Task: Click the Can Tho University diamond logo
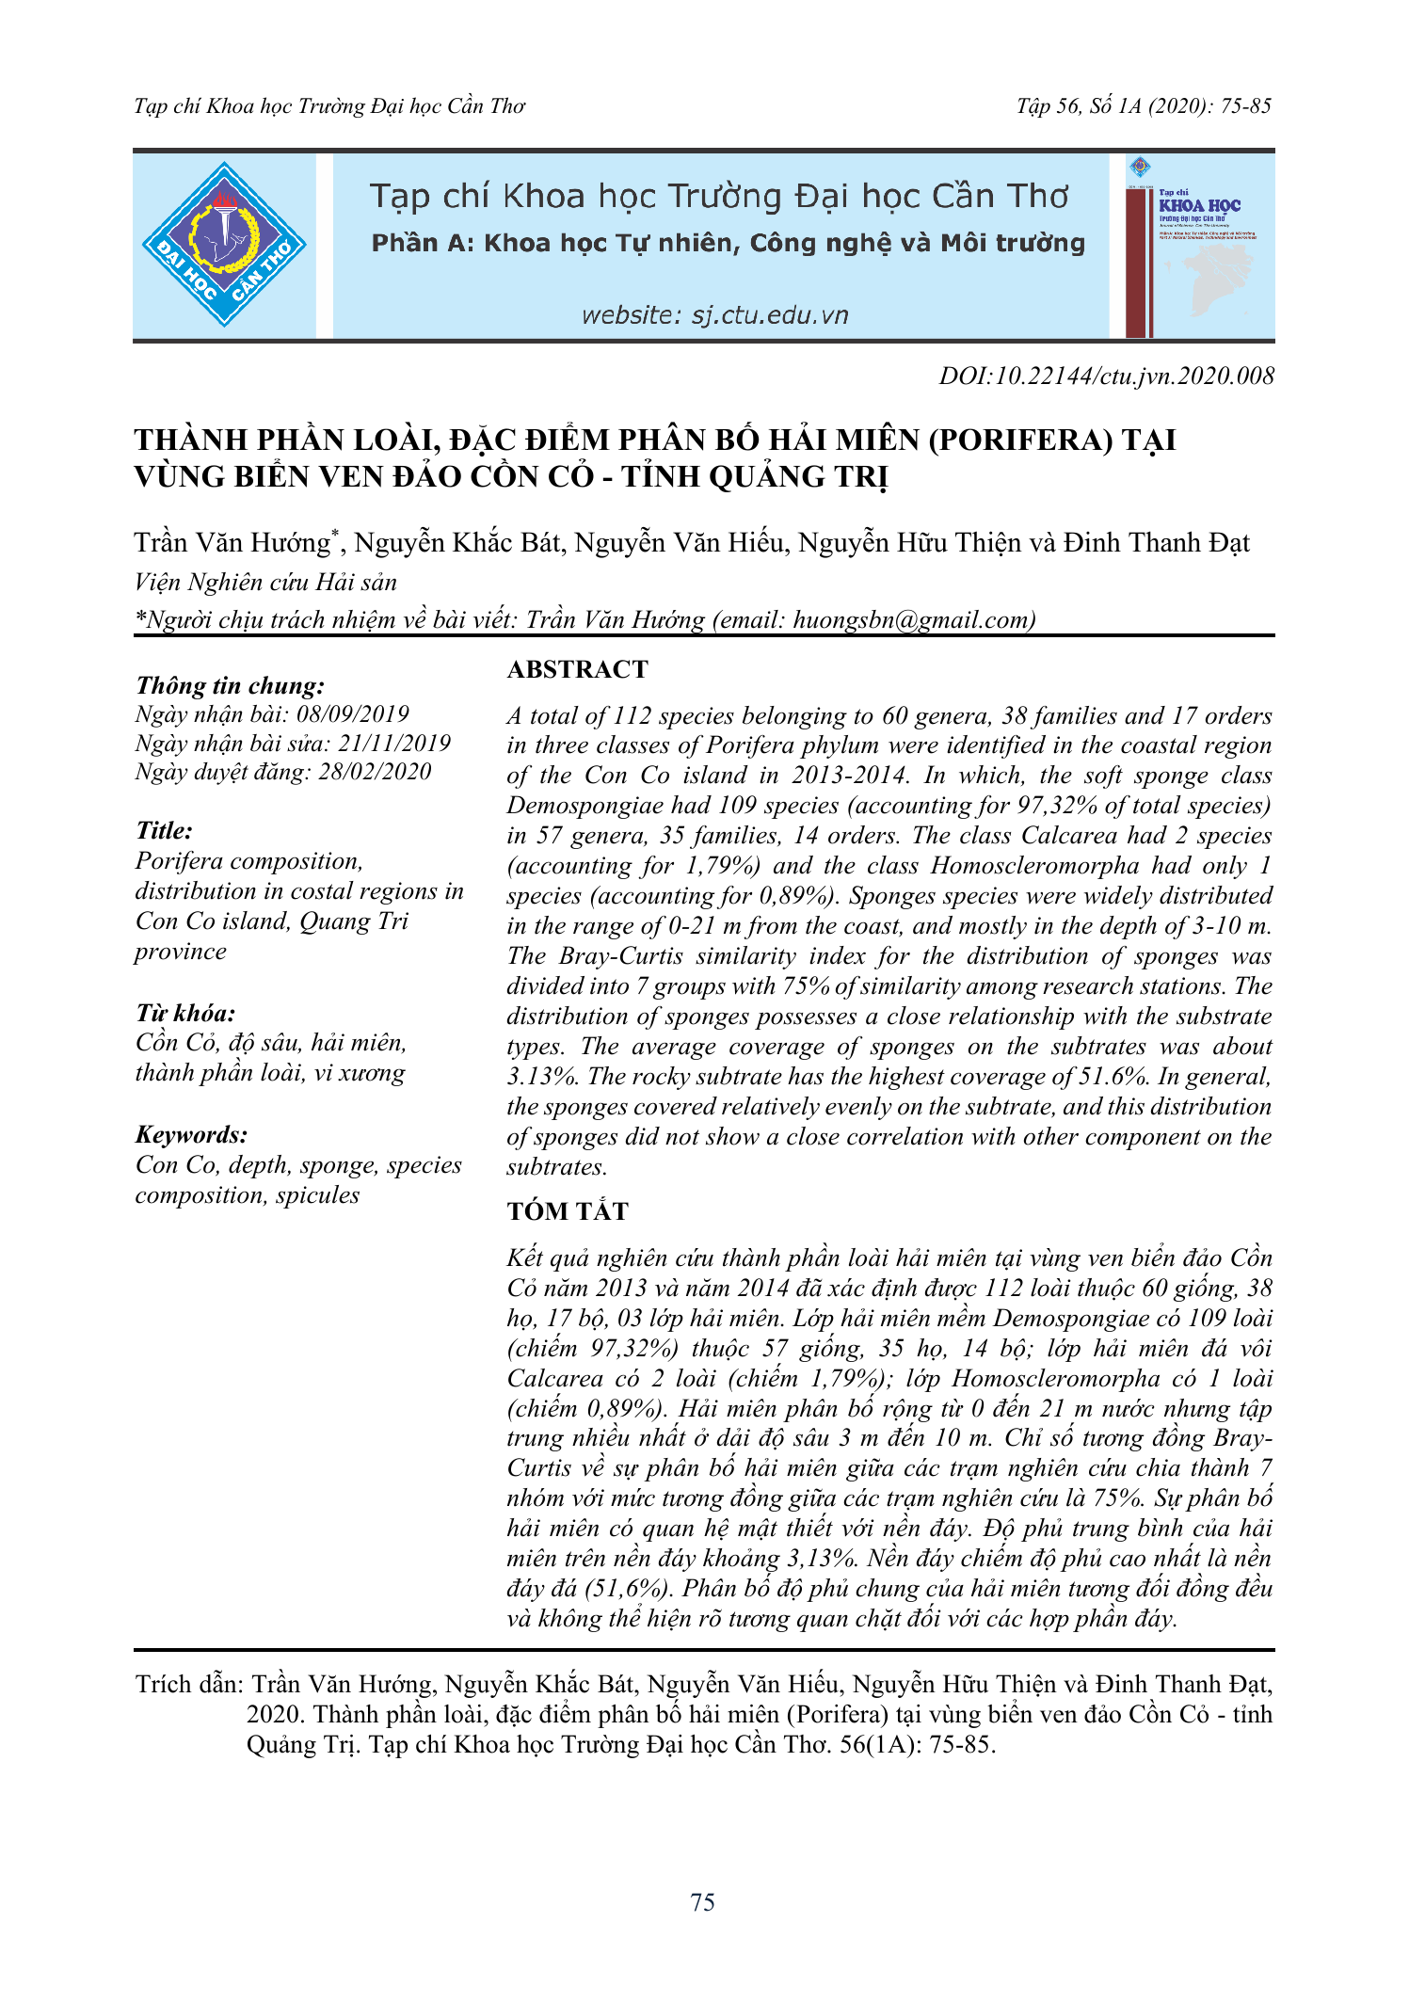[x=224, y=245]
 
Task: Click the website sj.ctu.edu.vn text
[x=714, y=315]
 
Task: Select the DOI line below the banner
[x=1106, y=376]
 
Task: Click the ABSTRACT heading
[x=577, y=669]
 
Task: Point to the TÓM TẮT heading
[x=567, y=1211]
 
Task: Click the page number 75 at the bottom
[x=702, y=1902]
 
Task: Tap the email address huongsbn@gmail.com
[x=912, y=619]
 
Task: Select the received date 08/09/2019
[x=353, y=714]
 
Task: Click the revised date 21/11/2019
[x=394, y=744]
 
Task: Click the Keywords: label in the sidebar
[x=191, y=1134]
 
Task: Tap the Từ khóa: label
[x=185, y=1013]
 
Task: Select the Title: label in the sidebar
[x=164, y=830]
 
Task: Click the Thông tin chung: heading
[x=231, y=685]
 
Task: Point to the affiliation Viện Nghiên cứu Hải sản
[x=265, y=582]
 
